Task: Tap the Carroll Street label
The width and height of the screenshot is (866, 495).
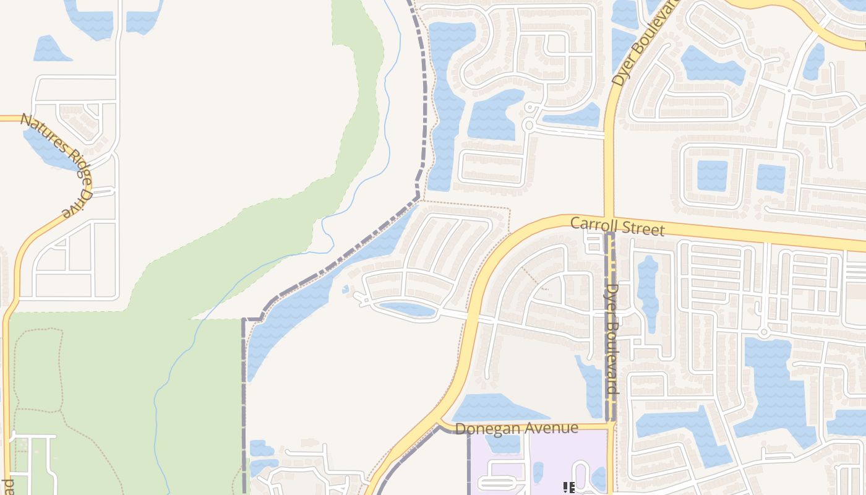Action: [617, 226]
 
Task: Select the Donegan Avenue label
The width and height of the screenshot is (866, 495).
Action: [516, 428]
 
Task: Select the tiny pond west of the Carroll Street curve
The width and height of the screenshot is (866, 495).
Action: [345, 289]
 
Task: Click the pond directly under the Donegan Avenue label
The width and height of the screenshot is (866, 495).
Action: [502, 443]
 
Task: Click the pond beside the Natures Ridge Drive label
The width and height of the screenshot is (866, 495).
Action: [49, 148]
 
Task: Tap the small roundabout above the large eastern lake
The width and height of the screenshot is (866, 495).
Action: [764, 332]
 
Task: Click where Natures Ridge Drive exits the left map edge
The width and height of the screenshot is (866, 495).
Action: [2, 118]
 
